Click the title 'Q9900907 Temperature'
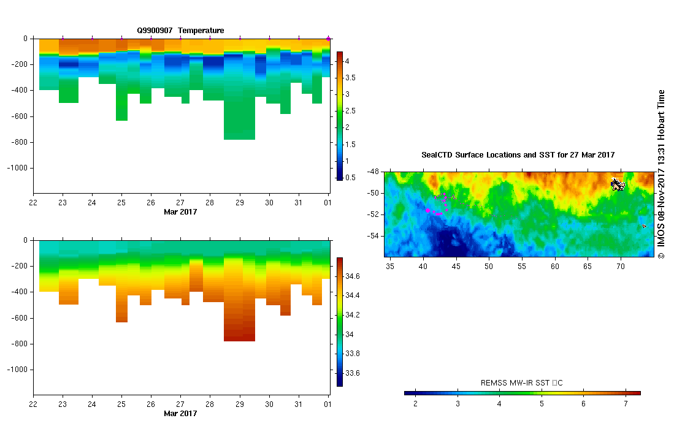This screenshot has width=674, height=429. click(180, 31)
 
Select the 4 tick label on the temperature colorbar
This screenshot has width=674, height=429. click(347, 61)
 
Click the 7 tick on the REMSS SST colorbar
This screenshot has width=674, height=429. click(626, 404)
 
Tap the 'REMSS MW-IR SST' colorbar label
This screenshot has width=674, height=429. click(521, 383)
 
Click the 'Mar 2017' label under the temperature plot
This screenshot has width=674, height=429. click(180, 212)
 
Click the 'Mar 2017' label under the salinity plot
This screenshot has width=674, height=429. click(180, 414)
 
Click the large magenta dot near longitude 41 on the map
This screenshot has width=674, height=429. click(427, 210)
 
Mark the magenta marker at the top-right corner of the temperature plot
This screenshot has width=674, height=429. click(328, 39)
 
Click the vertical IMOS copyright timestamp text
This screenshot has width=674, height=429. click(661, 175)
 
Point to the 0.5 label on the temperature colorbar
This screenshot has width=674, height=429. click(347, 178)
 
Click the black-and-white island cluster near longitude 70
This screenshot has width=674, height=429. click(618, 183)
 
